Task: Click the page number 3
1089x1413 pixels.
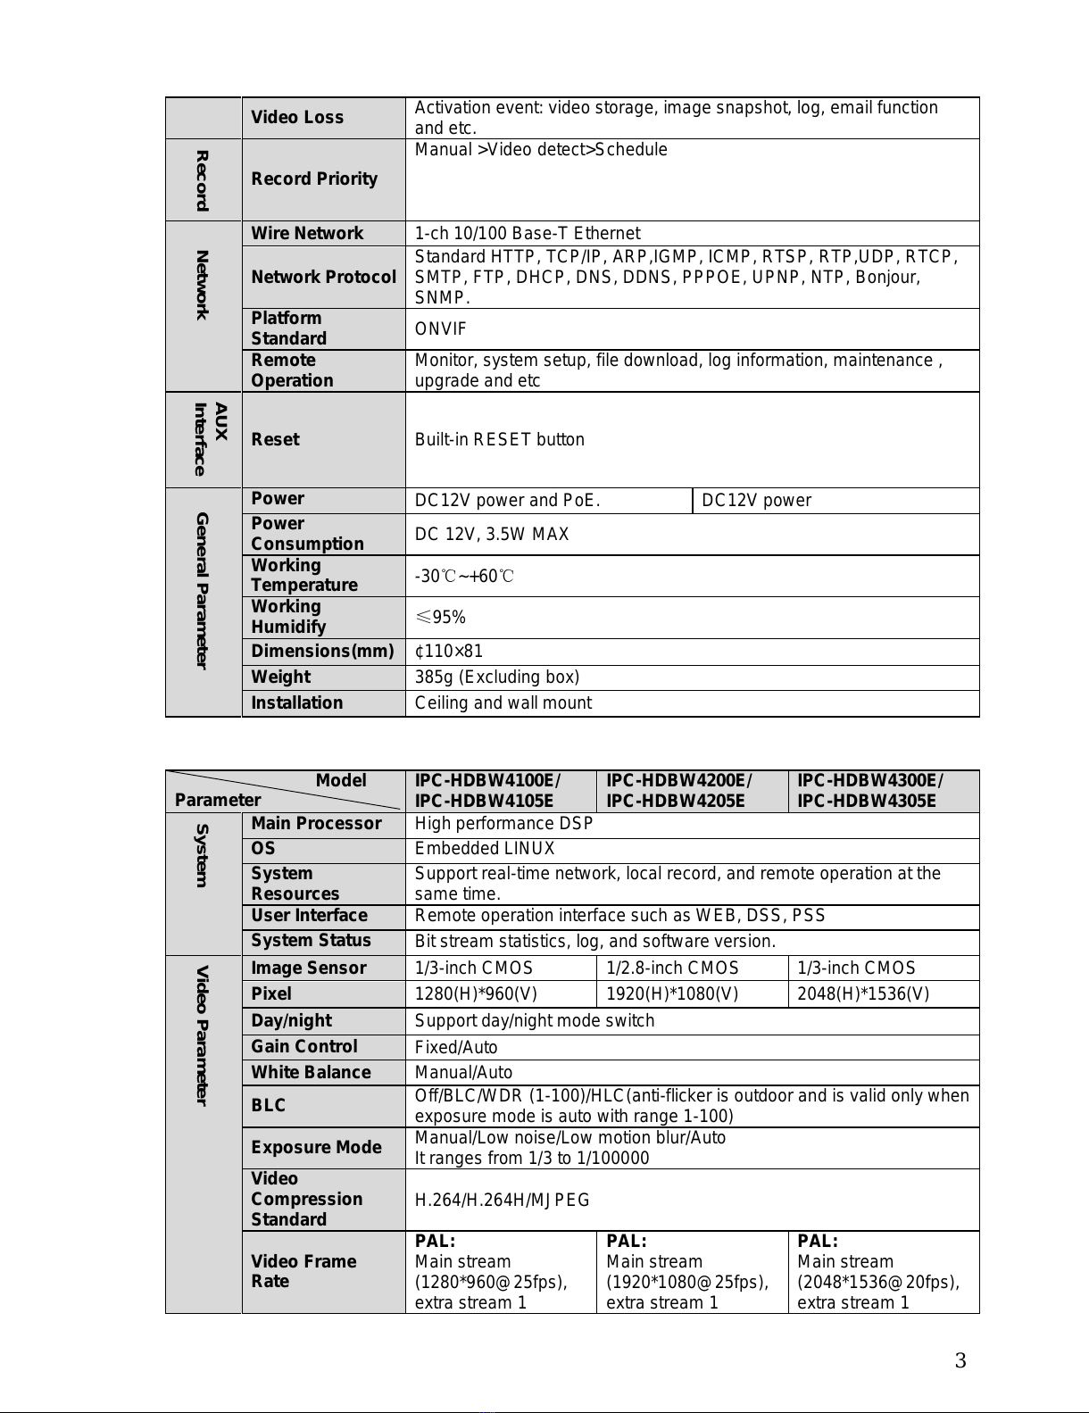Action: click(x=960, y=1361)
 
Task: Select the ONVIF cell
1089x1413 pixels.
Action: click(x=441, y=329)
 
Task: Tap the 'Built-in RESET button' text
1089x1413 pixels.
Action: click(x=499, y=440)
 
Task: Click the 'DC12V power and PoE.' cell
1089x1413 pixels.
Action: click(x=507, y=501)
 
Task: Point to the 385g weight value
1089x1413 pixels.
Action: click(x=496, y=677)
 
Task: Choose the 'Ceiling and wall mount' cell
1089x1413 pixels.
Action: click(x=503, y=703)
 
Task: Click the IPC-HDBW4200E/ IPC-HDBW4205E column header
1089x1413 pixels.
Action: click(x=679, y=791)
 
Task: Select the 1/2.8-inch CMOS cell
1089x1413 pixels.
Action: click(x=672, y=968)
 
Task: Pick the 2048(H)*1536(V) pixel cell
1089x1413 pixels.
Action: click(x=862, y=994)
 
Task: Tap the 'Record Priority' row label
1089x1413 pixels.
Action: click(x=314, y=179)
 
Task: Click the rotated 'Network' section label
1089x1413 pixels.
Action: click(x=203, y=286)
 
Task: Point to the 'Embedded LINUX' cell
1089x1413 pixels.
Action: click(x=485, y=849)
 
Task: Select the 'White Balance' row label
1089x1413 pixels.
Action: click(x=311, y=1073)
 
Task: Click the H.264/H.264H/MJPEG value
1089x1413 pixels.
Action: click(x=502, y=1201)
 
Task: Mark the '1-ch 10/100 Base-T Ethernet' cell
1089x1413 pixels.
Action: click(x=527, y=234)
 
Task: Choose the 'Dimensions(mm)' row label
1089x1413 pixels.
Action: click(x=322, y=652)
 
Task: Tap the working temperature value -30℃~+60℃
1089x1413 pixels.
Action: click(x=463, y=577)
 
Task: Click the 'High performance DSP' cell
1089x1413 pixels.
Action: click(x=503, y=824)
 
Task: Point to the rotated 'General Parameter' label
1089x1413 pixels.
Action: click(x=203, y=590)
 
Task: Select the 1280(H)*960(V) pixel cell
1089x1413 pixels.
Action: click(x=476, y=994)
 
